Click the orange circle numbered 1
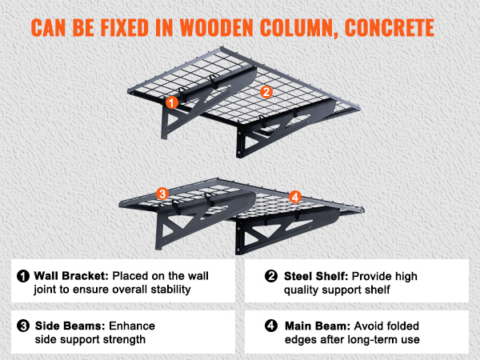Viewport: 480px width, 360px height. pos(172,102)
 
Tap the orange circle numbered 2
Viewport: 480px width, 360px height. pos(266,92)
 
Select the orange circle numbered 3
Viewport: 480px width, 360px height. pos(162,194)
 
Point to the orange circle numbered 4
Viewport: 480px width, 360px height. pos(294,197)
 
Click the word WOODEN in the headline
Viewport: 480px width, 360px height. pos(217,28)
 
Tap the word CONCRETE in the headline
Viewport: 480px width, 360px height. pos(390,28)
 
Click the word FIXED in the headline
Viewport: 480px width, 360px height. pos(124,28)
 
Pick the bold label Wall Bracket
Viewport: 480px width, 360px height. pos(71,276)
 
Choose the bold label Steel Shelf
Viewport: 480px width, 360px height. pos(316,276)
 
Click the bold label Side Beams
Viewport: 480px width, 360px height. pos(70,326)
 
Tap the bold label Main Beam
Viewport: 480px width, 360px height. pos(318,326)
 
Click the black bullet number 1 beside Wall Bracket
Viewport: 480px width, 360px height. pos(23,276)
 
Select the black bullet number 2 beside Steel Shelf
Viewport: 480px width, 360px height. pos(271,276)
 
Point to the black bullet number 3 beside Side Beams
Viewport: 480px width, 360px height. pos(23,326)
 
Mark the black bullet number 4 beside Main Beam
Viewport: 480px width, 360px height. pos(271,326)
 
